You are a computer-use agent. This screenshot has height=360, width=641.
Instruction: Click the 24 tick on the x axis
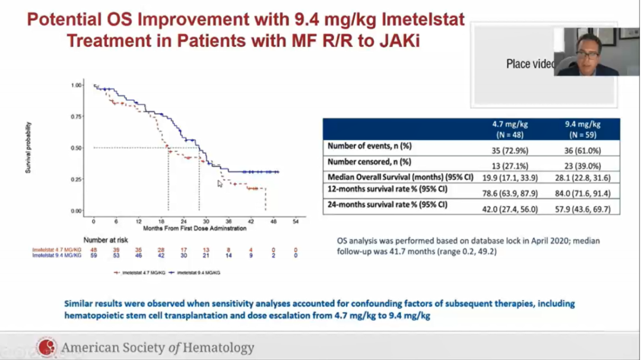(183, 220)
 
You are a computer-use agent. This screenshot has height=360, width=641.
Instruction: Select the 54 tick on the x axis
(296, 220)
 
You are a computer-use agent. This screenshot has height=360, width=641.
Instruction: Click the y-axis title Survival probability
(28, 148)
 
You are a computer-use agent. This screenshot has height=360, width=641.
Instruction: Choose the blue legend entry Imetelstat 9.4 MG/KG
(193, 272)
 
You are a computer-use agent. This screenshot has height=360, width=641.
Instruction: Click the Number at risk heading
(105, 241)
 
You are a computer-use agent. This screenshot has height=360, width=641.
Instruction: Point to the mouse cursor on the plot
(220, 184)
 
